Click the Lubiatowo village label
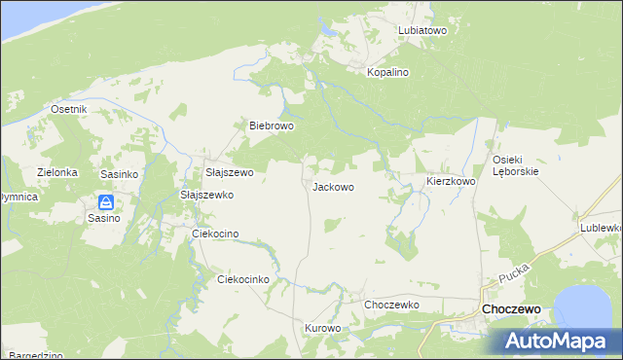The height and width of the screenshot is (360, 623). (x=421, y=31)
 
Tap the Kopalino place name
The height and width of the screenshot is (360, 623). (x=386, y=73)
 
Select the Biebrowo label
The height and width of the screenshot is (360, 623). (x=272, y=126)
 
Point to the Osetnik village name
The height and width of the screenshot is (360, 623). (x=69, y=110)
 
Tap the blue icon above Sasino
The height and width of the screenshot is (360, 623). (x=106, y=202)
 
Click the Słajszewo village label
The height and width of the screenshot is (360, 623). (x=229, y=173)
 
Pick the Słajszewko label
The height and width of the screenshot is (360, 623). (x=207, y=195)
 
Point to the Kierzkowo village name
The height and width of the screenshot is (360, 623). (x=451, y=182)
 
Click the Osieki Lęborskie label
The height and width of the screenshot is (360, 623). (x=515, y=165)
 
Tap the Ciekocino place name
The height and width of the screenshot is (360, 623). (x=215, y=234)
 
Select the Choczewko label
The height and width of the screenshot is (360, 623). (x=391, y=305)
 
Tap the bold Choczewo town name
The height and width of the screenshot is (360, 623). (x=512, y=309)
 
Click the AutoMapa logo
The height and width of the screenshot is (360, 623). (x=560, y=342)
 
